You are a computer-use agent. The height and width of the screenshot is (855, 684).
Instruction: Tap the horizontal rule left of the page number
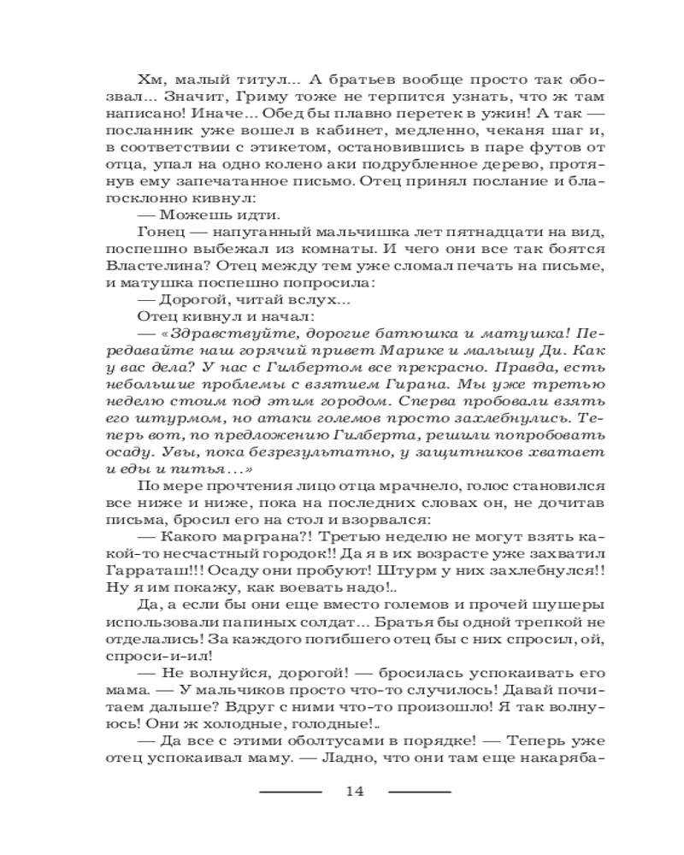290,792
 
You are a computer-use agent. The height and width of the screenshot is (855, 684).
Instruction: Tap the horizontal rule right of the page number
419,792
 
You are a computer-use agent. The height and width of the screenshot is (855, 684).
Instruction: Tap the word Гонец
158,232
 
